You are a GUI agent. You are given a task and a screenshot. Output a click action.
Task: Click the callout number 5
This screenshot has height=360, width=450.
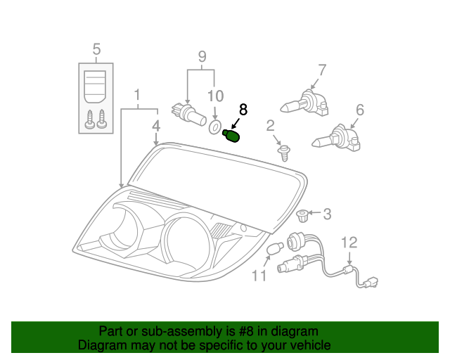(x=96, y=49)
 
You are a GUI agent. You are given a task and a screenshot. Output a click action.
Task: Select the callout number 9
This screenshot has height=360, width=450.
(x=201, y=56)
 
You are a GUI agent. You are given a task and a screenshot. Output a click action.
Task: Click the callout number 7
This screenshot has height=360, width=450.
(x=322, y=70)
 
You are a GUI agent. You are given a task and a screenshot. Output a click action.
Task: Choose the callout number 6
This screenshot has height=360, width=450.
(x=359, y=110)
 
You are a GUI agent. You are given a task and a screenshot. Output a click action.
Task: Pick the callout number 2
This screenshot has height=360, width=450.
(x=270, y=126)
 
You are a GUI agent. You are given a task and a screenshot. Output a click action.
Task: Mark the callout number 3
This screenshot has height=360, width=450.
(x=327, y=213)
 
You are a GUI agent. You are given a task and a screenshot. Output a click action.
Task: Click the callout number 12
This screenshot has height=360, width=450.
(x=349, y=243)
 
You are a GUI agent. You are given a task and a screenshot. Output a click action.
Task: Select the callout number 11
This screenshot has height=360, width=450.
(x=259, y=276)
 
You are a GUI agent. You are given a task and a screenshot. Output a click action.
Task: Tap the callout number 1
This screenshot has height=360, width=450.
(x=137, y=94)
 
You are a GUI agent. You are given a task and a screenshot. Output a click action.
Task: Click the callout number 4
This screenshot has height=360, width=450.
(x=156, y=126)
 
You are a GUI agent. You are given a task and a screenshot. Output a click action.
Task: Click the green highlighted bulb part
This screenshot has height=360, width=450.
(x=232, y=135)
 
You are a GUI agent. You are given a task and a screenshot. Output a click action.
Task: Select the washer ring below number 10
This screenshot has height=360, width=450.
(x=214, y=127)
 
